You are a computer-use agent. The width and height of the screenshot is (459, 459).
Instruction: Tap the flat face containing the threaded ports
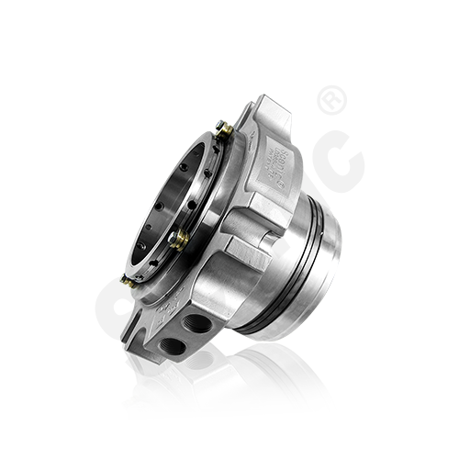pyautogui.click(x=188, y=340)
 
